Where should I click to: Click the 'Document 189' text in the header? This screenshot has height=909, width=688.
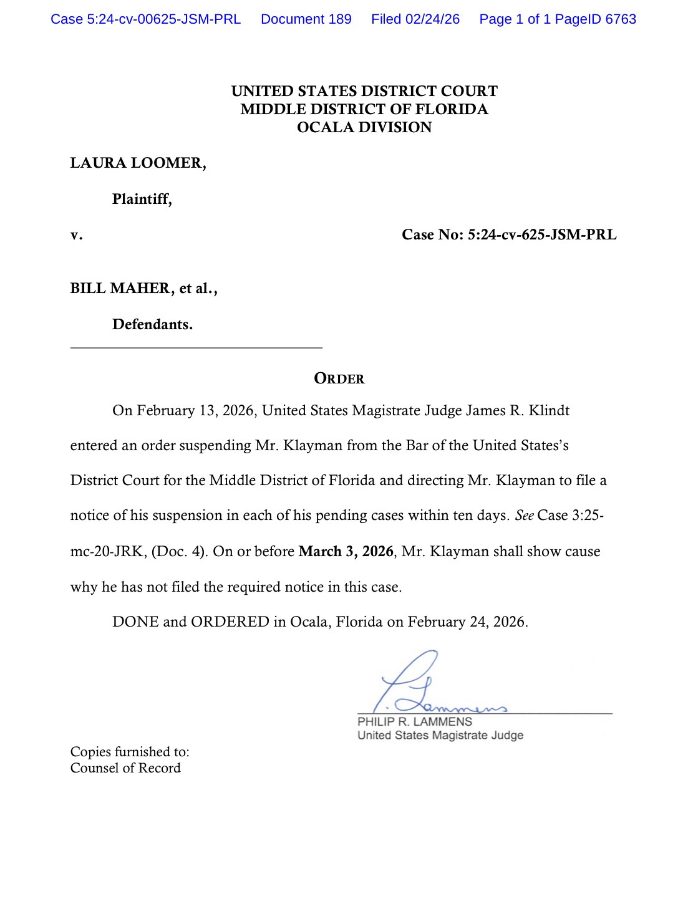[306, 19]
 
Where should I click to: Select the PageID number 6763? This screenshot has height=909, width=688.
[621, 19]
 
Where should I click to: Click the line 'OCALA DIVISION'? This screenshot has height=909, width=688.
[364, 127]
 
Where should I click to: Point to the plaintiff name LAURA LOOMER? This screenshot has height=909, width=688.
[137, 163]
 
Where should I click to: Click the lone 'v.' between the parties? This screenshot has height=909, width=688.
[76, 235]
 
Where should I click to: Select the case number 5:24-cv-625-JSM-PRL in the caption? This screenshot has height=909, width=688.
[542, 234]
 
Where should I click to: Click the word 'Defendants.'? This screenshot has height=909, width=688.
[152, 325]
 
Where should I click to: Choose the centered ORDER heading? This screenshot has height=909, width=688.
[339, 378]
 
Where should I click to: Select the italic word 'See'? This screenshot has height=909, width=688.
[524, 516]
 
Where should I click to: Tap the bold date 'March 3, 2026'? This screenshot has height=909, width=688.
[346, 552]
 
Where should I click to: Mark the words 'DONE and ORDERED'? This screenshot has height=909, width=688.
[190, 622]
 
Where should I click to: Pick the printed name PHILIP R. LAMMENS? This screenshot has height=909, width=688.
[415, 722]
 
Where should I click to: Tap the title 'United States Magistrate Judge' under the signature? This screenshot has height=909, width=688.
[440, 736]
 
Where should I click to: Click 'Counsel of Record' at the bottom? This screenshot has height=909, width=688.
[125, 768]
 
